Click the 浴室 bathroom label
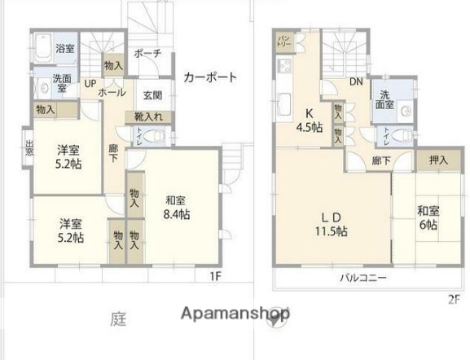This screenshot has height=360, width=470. (65, 49)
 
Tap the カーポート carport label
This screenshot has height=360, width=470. (210, 78)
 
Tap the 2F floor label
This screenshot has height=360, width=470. (453, 299)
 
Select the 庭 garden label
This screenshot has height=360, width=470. (118, 320)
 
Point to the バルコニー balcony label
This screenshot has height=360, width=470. (363, 278)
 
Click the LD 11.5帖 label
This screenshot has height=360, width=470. (331, 224)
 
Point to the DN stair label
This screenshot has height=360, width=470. (356, 82)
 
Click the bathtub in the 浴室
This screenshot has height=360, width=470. (44, 46)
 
